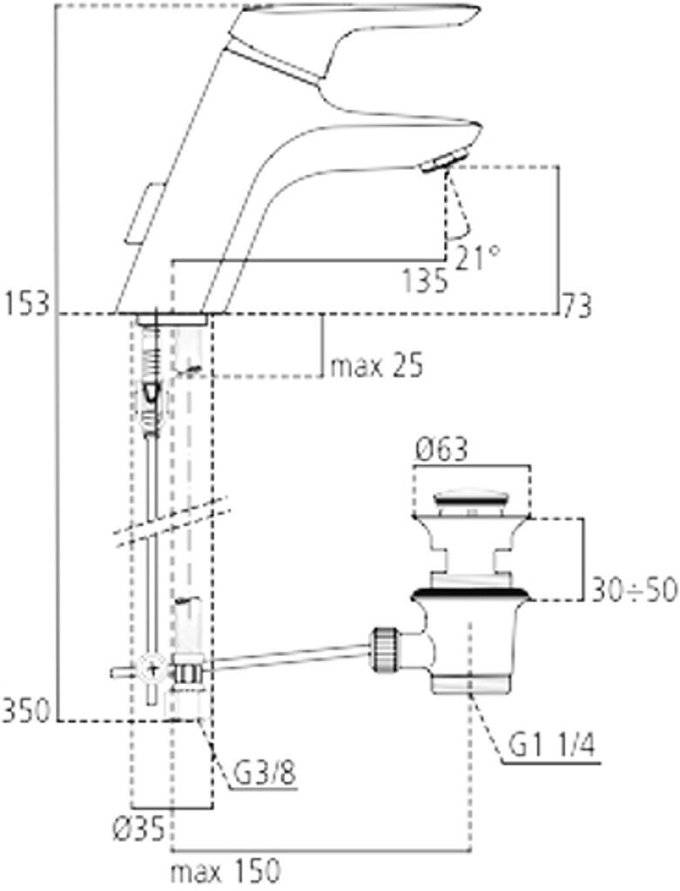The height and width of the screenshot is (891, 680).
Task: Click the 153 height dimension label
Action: point(27,305)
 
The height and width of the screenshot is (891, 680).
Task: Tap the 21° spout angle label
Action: point(477,258)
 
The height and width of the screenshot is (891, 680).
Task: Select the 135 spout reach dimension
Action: point(424,281)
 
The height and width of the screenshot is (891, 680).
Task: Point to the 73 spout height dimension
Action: point(577,305)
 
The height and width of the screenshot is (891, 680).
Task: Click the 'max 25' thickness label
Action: point(377,366)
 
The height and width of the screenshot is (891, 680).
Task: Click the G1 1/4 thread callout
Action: point(550,746)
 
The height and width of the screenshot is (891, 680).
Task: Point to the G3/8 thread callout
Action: point(264,773)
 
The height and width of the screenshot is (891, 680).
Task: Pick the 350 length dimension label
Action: point(26,711)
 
